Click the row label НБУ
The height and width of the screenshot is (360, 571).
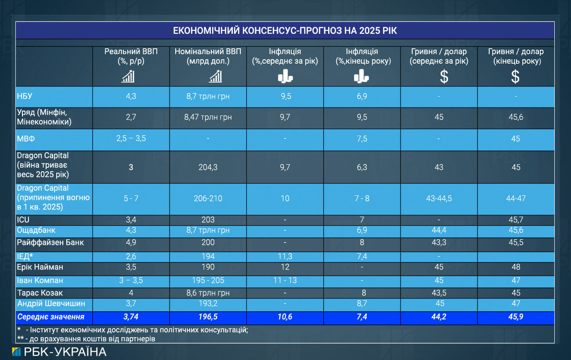(x=25, y=97)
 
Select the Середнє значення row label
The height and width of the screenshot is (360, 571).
(x=51, y=317)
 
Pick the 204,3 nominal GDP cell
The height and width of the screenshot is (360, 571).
(x=208, y=167)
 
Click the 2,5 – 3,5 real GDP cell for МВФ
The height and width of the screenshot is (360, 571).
(x=131, y=139)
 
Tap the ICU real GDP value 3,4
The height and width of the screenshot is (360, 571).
(x=131, y=220)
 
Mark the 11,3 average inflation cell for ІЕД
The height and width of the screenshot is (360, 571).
(x=285, y=256)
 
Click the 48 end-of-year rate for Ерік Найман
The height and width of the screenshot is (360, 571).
(x=516, y=267)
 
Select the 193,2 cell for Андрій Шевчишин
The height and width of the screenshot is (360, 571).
(x=208, y=303)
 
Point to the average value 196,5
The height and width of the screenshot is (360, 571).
(x=208, y=317)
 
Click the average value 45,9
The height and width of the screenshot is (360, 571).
(x=516, y=317)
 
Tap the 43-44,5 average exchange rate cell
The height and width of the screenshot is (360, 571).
(x=439, y=198)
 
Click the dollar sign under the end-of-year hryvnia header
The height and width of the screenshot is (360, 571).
(x=515, y=77)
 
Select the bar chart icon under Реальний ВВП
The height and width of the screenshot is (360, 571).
(x=128, y=77)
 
